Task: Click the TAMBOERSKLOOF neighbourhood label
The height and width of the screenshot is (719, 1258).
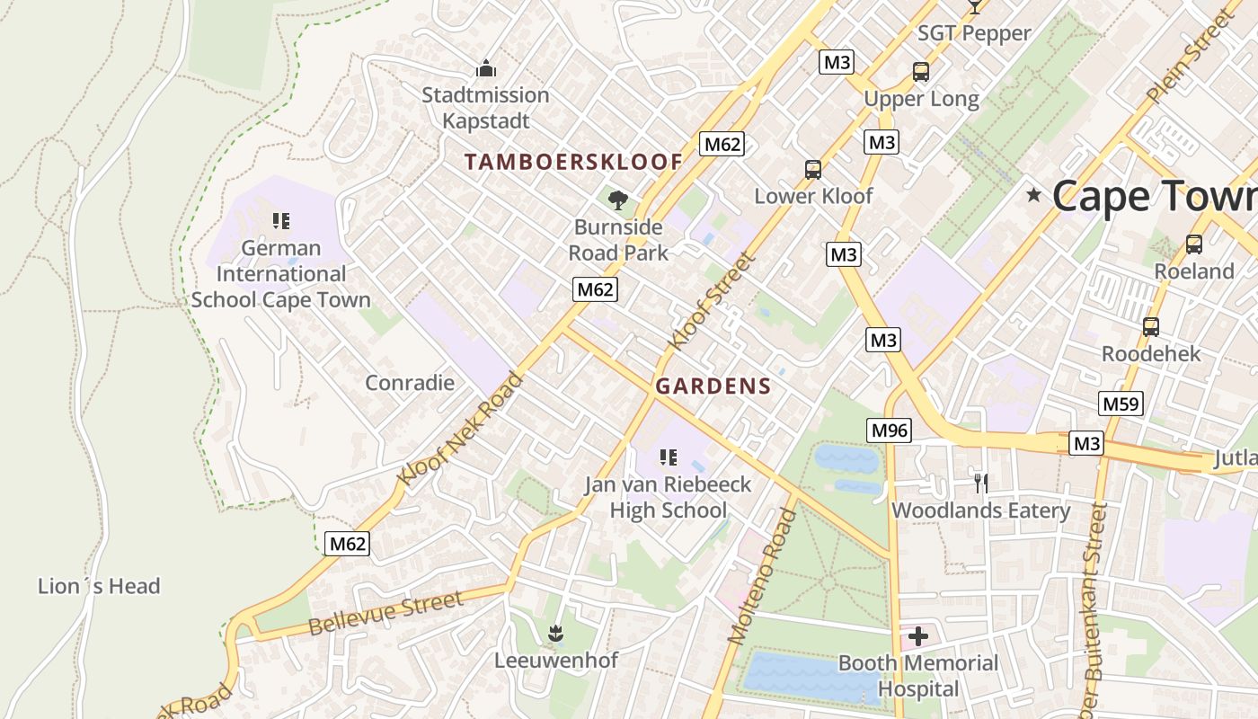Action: tap(573, 162)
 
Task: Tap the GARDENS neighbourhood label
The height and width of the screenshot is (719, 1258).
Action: tap(713, 386)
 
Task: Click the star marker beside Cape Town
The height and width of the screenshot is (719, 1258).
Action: tap(1034, 194)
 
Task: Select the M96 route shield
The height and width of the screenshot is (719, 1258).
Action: tap(890, 431)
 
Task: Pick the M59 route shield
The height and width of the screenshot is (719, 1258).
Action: tap(1121, 404)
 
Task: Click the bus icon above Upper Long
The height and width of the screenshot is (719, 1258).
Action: tap(920, 72)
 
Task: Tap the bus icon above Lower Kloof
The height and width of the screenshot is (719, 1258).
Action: tap(812, 170)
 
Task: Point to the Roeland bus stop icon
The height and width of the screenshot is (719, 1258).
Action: tap(1193, 244)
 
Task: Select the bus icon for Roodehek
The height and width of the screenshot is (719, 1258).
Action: tap(1150, 327)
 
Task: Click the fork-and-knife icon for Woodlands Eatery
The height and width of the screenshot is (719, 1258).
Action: tap(980, 484)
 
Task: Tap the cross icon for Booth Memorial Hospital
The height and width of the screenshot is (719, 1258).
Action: tap(917, 637)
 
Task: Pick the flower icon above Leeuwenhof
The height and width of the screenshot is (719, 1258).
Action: tap(556, 634)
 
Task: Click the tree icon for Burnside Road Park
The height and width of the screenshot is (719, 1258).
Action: tap(617, 200)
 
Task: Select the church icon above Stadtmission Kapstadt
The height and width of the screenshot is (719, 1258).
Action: tap(486, 68)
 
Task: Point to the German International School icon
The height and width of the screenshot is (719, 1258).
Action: tap(280, 221)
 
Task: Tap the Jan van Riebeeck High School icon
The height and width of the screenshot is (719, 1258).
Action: tap(668, 458)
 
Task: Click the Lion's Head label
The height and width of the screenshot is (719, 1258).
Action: tap(99, 587)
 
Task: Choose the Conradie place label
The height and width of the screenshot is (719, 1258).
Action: tap(410, 383)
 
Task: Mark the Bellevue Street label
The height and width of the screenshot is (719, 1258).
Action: tap(385, 614)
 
